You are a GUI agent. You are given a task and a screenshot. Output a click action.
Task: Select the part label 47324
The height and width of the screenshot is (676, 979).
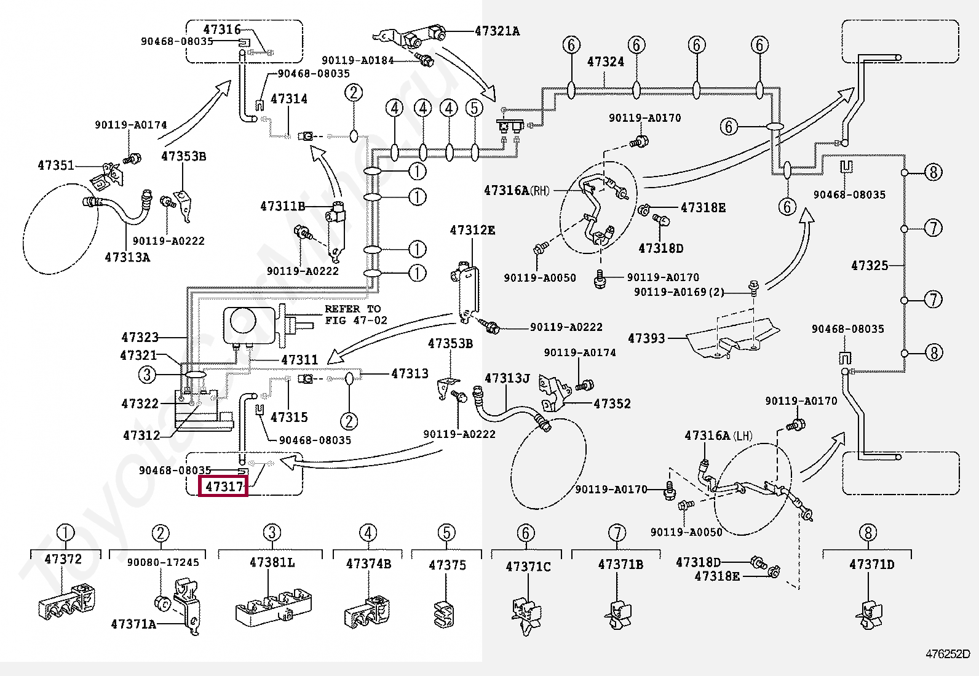tap(605, 62)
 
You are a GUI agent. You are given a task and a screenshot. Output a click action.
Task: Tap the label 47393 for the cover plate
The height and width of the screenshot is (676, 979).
tap(646, 338)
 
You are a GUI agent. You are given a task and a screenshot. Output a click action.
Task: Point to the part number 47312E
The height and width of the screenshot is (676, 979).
tap(472, 231)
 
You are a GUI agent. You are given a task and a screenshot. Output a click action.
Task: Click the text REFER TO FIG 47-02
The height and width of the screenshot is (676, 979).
tap(353, 314)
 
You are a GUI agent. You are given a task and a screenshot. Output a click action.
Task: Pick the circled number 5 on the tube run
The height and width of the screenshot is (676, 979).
tap(474, 108)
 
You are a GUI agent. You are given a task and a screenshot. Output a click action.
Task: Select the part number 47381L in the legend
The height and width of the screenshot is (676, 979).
tap(272, 562)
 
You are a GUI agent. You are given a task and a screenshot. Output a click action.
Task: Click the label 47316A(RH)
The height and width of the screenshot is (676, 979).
tap(516, 190)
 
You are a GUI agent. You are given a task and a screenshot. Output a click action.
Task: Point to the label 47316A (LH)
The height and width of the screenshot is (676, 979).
tap(718, 436)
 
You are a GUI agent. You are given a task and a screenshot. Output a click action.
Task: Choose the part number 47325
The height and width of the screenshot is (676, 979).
tap(870, 266)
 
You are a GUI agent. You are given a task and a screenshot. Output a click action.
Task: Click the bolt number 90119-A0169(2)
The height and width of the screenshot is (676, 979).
tap(679, 292)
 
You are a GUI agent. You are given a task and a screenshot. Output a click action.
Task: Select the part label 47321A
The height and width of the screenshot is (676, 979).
tap(497, 31)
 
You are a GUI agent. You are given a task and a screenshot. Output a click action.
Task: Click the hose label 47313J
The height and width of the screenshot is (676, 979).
tap(507, 378)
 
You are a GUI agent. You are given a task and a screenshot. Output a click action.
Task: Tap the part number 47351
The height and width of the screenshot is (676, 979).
tap(56, 165)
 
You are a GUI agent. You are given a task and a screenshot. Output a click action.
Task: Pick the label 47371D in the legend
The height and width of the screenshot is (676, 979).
tap(871, 565)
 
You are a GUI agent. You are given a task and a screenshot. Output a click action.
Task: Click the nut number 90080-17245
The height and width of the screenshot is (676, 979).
tap(163, 562)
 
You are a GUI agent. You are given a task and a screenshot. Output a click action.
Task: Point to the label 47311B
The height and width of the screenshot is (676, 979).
tap(282, 207)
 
